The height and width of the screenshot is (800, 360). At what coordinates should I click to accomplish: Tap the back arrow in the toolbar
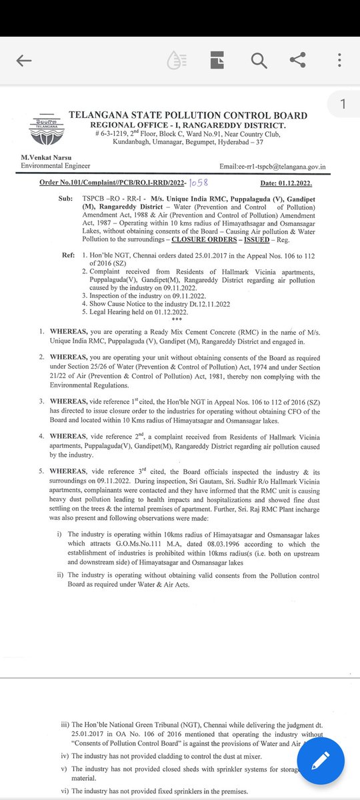(24, 61)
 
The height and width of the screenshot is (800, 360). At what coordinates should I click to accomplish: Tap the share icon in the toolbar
(297, 61)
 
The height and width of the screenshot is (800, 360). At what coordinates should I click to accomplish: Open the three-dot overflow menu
(339, 61)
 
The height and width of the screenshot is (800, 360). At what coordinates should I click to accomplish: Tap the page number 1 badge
(343, 104)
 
